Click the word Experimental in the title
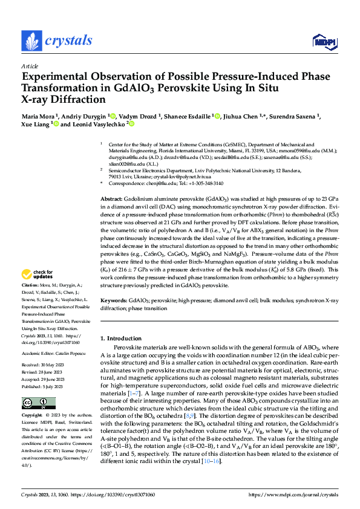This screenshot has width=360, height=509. (x=55, y=77)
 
